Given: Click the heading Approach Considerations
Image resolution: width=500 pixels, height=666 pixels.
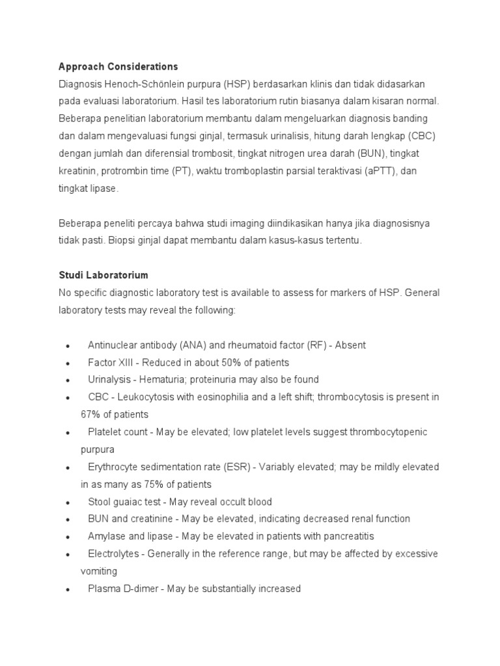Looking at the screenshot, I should click(x=118, y=67).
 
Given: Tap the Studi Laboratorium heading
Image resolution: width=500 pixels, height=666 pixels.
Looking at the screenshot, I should click(x=104, y=275).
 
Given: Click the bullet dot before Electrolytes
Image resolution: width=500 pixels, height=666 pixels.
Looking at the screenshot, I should click(x=68, y=554).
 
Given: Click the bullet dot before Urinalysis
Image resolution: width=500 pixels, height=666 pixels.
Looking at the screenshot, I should click(x=68, y=380).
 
